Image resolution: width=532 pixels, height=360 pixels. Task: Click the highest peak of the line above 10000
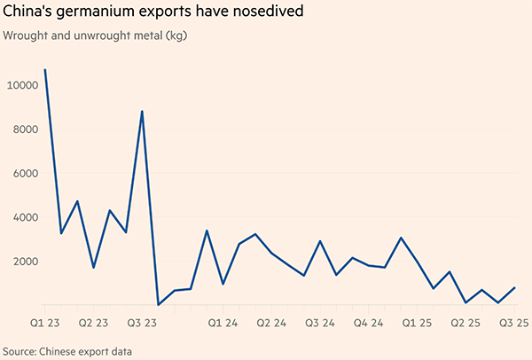pos(45,69)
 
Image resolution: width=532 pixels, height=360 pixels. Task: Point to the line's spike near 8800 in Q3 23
pos(142,112)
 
